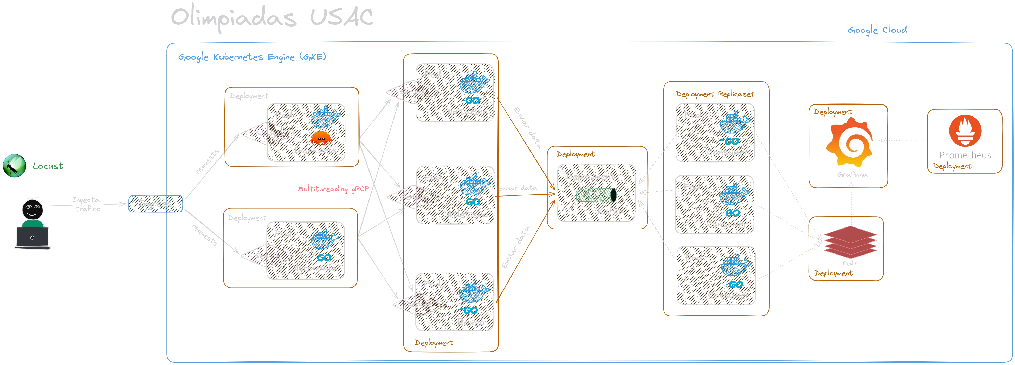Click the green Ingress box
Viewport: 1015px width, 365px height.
(x=155, y=204)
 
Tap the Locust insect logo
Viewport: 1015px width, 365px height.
(x=14, y=166)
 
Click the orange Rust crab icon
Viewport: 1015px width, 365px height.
(x=320, y=138)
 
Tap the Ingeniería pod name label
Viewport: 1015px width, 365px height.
(x=315, y=151)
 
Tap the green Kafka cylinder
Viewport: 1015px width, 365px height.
(x=595, y=195)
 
